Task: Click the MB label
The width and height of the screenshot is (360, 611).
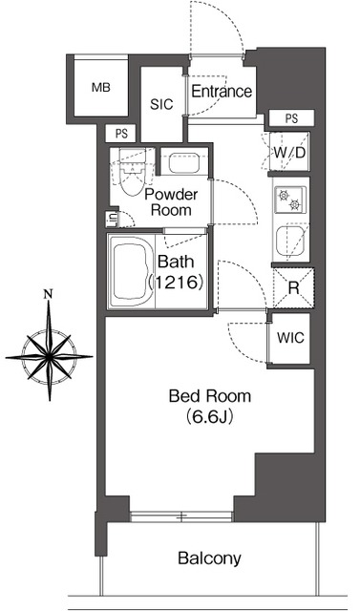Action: [x=101, y=88]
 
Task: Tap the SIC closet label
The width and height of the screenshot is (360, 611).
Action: [x=161, y=104]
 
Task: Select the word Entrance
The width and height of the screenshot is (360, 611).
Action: [x=222, y=92]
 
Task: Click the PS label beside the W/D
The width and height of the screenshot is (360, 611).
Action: [x=292, y=118]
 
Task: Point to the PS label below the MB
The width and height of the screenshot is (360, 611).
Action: [x=121, y=134]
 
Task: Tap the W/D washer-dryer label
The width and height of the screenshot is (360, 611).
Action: [x=289, y=153]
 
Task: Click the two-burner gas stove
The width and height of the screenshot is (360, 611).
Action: [x=290, y=200]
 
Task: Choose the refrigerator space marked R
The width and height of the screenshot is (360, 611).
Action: [x=293, y=288]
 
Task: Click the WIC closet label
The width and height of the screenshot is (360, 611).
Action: [x=290, y=338]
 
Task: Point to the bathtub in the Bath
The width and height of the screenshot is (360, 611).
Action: [x=131, y=272]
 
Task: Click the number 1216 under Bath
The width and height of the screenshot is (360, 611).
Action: [x=176, y=282]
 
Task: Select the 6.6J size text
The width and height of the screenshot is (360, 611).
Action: [x=210, y=417]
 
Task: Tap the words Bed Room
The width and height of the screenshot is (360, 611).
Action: [x=210, y=397]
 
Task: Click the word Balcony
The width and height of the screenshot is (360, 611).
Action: [x=210, y=558]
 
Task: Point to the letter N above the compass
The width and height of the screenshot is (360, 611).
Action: [x=49, y=294]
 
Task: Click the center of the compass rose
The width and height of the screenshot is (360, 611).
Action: [x=49, y=356]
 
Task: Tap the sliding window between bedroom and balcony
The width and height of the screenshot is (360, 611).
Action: [x=181, y=516]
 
